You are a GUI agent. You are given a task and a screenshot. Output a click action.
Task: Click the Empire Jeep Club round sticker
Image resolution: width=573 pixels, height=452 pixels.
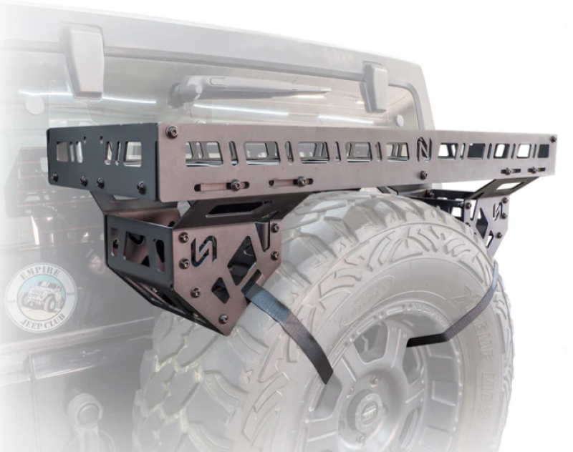tap(42, 297)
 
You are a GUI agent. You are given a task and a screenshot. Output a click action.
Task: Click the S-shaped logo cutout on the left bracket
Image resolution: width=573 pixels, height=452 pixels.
tap(202, 250)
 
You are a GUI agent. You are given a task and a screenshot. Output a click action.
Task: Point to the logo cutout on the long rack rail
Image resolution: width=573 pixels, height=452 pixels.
tap(424, 151)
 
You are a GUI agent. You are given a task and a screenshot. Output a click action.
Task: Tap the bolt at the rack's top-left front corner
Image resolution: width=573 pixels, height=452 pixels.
tap(171, 132)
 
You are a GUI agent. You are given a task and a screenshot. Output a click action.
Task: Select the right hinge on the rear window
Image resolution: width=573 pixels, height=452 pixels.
tap(375, 86)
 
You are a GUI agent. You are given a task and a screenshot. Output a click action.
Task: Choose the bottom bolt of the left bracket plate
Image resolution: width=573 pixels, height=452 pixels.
tap(223, 318)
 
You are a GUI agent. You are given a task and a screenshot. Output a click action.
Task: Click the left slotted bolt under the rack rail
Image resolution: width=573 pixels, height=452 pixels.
tap(234, 185)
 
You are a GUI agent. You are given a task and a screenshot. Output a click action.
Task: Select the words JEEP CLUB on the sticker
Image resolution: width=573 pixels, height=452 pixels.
tap(44, 318)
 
